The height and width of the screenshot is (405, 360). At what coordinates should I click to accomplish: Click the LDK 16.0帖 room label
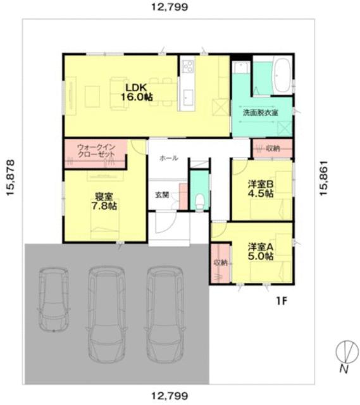pos(137,92)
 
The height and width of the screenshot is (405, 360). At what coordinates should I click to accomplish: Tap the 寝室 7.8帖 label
pos(104,201)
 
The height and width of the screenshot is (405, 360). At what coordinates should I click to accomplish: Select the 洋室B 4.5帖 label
pos(261,189)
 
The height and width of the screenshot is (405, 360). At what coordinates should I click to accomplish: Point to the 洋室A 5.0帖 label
pos(261,252)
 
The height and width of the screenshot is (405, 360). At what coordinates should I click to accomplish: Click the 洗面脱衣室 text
pos(260,113)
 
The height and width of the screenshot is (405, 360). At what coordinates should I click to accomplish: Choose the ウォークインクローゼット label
pos(96,151)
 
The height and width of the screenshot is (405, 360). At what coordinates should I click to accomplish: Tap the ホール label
pos(169,158)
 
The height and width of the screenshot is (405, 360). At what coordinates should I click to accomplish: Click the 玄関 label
pos(162,195)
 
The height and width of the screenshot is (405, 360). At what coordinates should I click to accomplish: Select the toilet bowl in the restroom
pos(200,201)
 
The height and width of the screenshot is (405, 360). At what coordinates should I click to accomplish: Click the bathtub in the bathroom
pos(282,75)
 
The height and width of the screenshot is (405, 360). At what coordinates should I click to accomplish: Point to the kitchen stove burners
pos(188,66)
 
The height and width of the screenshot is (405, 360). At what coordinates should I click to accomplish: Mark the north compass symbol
pos(347,351)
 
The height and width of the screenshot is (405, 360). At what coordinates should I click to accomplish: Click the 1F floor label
pos(282,301)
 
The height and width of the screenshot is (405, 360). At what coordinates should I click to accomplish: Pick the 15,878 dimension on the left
pos(10,178)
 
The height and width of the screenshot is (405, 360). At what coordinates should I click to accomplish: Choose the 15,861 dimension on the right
pos(324,178)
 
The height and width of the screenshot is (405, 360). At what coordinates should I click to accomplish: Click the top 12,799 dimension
pos(170,7)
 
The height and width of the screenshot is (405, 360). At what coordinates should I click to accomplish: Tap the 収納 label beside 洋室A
pos(220,263)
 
